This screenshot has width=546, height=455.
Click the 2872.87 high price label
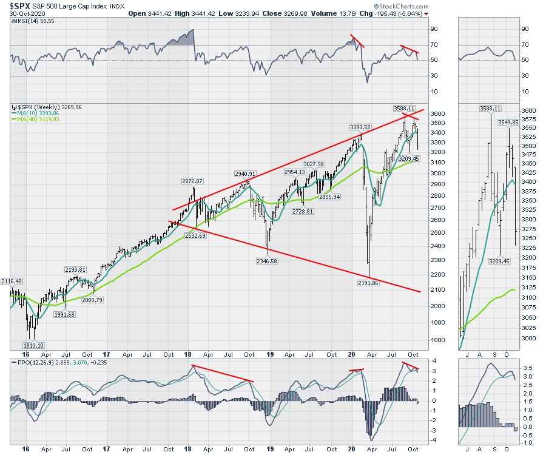(192, 181)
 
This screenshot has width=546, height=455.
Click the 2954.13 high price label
(297, 172)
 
